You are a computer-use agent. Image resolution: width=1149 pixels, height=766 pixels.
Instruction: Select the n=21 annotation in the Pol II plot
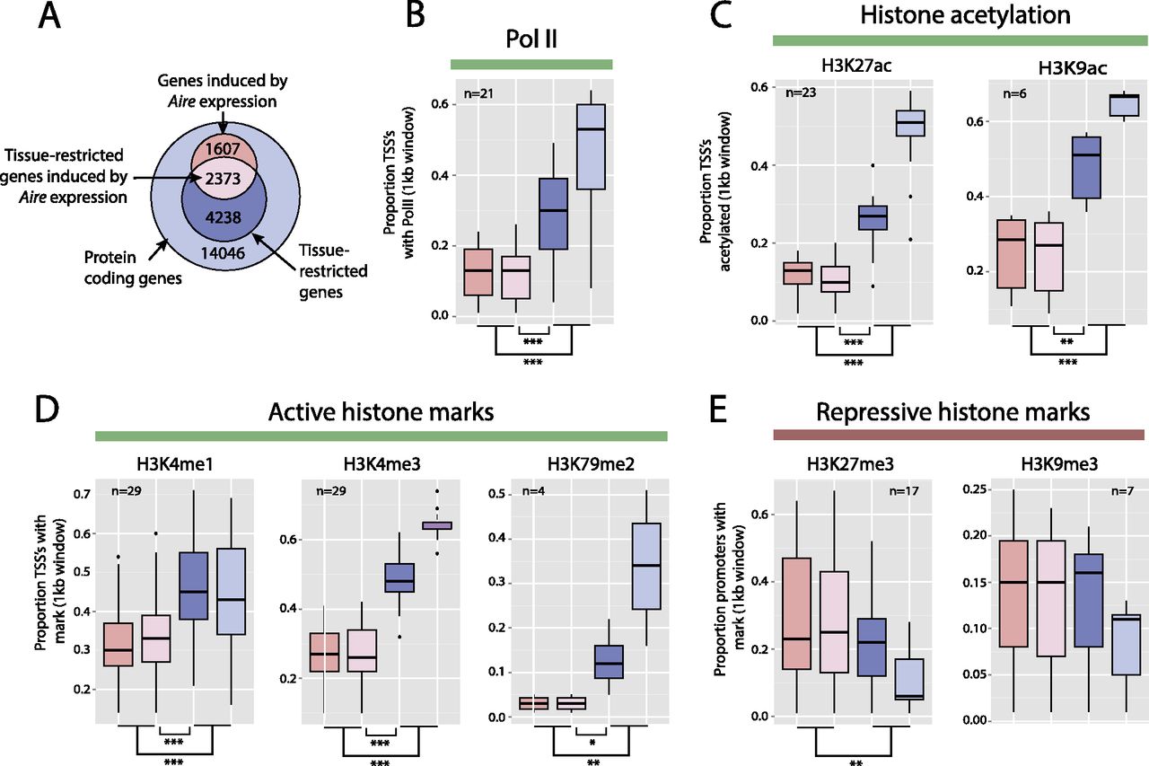(477, 93)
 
